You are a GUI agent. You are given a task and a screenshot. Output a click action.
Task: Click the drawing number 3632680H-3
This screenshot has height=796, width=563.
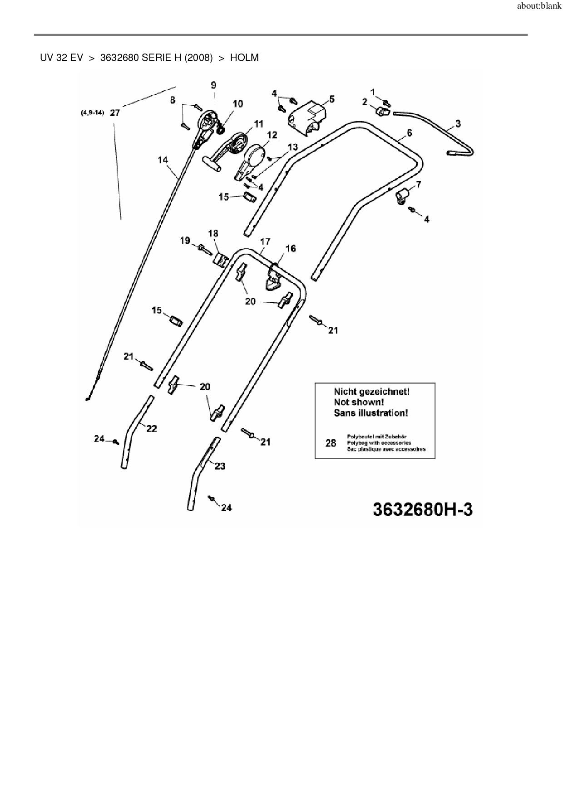click(x=422, y=510)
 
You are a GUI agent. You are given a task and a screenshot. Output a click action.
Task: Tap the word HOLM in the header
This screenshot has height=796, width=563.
click(x=244, y=58)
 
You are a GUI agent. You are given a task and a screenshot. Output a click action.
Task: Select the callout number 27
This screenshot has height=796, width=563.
click(x=115, y=113)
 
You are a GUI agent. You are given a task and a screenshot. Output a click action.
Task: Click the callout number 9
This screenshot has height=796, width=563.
click(x=213, y=85)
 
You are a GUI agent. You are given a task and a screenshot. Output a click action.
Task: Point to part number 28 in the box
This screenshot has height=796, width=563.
click(x=331, y=443)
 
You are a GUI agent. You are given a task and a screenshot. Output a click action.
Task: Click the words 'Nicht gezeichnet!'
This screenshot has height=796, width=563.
click(x=371, y=391)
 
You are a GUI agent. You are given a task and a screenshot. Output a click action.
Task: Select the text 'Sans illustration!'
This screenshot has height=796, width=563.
click(x=370, y=413)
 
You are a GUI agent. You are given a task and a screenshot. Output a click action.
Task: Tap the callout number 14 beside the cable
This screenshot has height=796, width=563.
click(x=163, y=160)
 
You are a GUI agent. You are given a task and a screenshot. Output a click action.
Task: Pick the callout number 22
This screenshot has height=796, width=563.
click(x=151, y=428)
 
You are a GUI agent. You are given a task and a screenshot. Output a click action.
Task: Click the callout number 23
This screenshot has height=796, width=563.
click(x=220, y=466)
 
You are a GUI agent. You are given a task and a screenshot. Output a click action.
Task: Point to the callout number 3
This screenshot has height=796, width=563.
click(x=458, y=123)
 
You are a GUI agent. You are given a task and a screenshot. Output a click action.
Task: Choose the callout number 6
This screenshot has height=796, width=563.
click(x=409, y=133)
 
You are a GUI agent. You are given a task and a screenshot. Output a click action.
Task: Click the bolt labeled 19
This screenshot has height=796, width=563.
click(x=205, y=248)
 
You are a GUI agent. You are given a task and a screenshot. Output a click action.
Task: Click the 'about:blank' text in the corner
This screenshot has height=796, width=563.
click(x=539, y=7)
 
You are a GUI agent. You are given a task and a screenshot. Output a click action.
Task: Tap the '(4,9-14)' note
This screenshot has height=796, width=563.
click(x=93, y=113)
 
